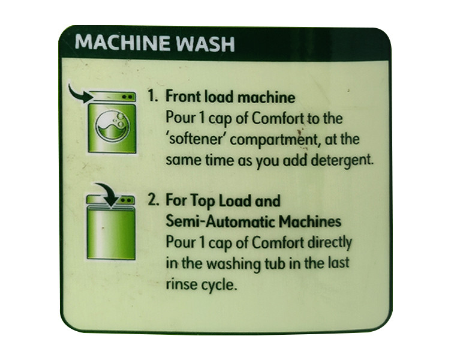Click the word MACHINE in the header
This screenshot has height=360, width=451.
(x=122, y=43)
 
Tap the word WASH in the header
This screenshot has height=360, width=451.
(x=205, y=43)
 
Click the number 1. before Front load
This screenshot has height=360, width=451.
(x=153, y=96)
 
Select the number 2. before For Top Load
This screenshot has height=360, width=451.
(x=154, y=200)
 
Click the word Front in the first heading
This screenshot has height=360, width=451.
(x=184, y=97)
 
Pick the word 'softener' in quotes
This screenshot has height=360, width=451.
(x=195, y=139)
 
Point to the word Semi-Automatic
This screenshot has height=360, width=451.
(x=220, y=221)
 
